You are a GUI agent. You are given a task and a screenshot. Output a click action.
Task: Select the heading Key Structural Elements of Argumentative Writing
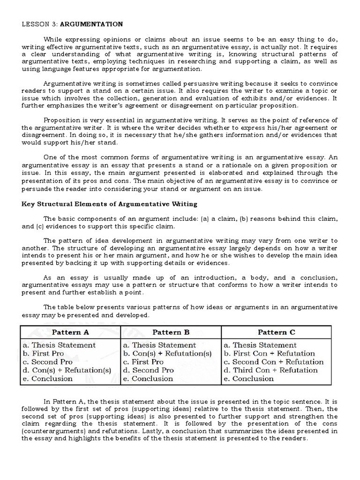(x=110, y=204)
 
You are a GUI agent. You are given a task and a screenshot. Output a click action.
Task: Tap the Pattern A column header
(x=70, y=332)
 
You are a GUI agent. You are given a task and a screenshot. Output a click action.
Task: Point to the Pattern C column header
(x=277, y=332)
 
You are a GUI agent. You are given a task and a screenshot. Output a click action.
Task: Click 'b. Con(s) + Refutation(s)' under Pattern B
(x=167, y=353)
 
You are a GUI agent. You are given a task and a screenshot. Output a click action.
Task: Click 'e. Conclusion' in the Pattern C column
(x=249, y=379)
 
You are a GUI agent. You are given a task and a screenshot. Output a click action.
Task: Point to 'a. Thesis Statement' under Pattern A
(x=59, y=345)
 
